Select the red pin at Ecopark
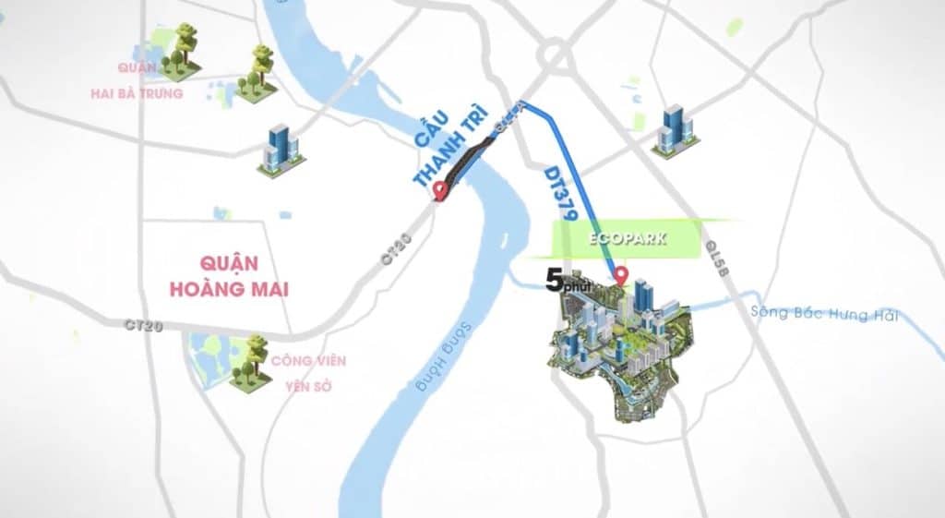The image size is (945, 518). (x=622, y=275)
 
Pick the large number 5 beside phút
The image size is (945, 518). (x=554, y=280)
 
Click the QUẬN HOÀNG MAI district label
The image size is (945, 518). (x=229, y=275)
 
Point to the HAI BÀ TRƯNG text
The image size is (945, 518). (x=137, y=93)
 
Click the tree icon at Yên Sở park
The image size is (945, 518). (x=247, y=363)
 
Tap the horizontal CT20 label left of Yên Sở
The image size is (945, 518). (x=144, y=326)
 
